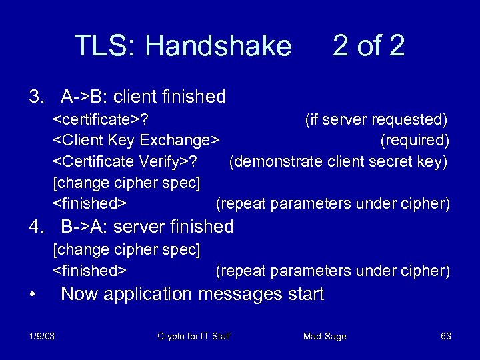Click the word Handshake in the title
point(218,46)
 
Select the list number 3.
point(35,97)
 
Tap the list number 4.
point(35,227)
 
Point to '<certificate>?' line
point(101,120)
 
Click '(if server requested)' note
point(376,120)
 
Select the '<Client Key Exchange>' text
point(137,141)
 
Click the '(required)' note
point(415,141)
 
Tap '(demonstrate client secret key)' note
point(338,161)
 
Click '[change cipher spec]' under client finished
point(127,182)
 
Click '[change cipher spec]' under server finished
point(127,250)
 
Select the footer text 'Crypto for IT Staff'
point(194,336)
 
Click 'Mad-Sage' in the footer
point(325,336)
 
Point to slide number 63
point(446,336)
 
